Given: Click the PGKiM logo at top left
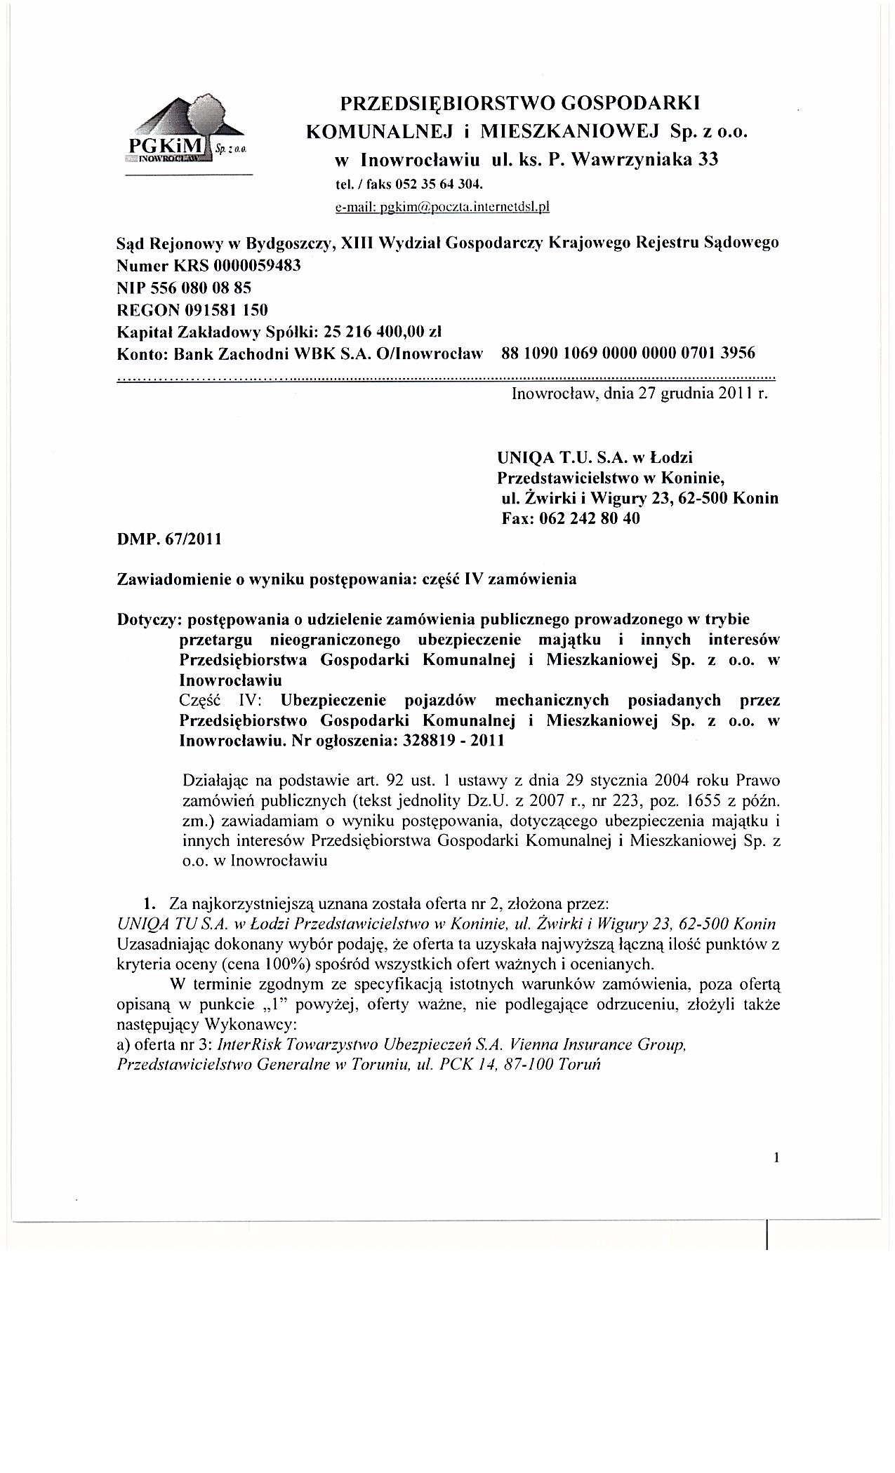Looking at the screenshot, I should (x=188, y=132).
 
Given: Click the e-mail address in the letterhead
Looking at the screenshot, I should (x=443, y=207).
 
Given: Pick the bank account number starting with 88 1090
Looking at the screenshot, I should (x=628, y=353).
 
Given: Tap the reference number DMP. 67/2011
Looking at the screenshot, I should (x=168, y=539).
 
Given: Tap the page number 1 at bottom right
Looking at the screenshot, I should (x=776, y=1158).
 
